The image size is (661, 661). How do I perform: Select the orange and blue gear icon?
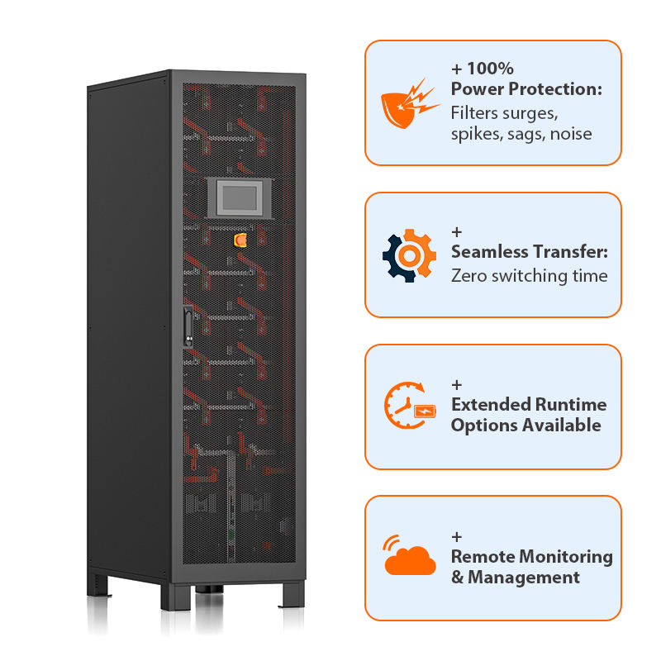point(408,256)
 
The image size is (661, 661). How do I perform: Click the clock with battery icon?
point(408,405)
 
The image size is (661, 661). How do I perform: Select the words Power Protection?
point(526,89)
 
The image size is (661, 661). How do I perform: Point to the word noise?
point(570,133)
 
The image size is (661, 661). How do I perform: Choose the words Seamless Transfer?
point(529,253)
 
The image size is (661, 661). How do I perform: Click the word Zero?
point(468,275)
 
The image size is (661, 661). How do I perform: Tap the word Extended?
point(491,404)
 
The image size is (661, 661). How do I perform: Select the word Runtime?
point(570,404)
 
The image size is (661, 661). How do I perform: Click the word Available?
point(561,426)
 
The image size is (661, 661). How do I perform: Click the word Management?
point(524,578)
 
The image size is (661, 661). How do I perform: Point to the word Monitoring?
point(571,556)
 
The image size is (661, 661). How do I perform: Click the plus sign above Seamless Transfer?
point(457,232)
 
